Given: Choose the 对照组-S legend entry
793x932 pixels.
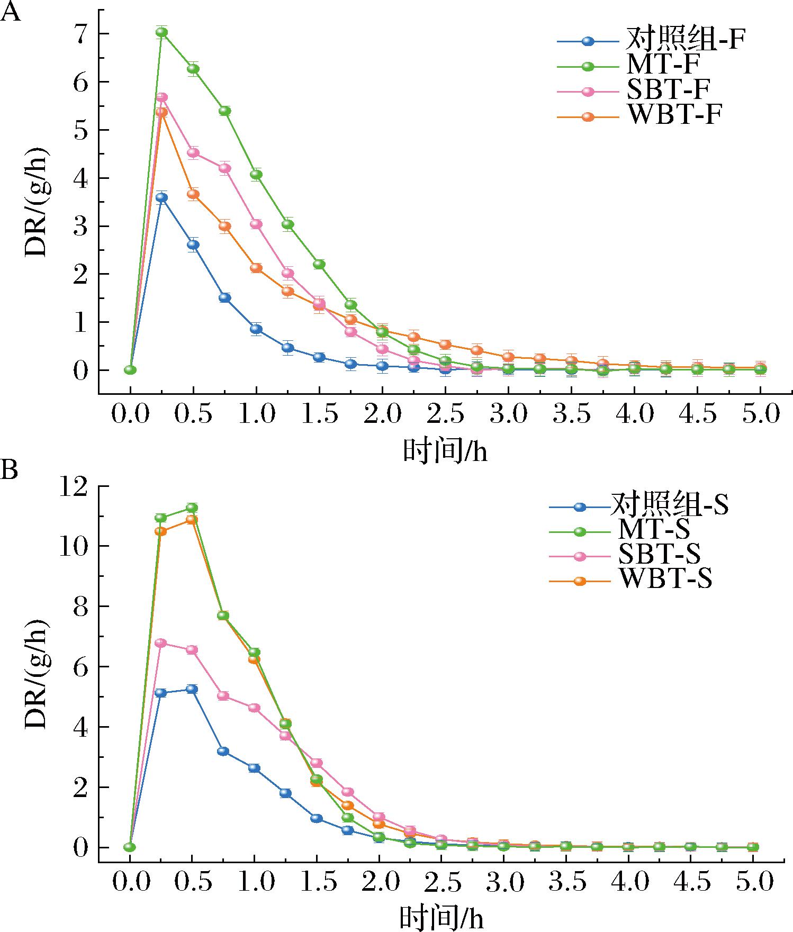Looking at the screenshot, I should pos(669,506).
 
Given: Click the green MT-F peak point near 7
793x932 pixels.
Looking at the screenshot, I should pos(162,32).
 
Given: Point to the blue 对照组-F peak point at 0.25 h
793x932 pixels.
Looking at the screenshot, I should pos(162,198).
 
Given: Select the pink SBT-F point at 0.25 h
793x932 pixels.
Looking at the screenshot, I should pos(162,97).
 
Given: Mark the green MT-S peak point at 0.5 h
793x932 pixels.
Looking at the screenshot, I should pos(192,508).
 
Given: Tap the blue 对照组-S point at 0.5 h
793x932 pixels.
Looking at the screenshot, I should pos(192,689).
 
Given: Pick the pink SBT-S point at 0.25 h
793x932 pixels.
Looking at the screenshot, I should pos(161,643).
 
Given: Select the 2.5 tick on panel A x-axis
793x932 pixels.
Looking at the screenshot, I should pos(445,414).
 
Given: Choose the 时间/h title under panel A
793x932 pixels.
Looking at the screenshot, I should pos(445,451).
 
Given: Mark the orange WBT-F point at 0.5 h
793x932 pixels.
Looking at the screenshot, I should pos(193,194).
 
